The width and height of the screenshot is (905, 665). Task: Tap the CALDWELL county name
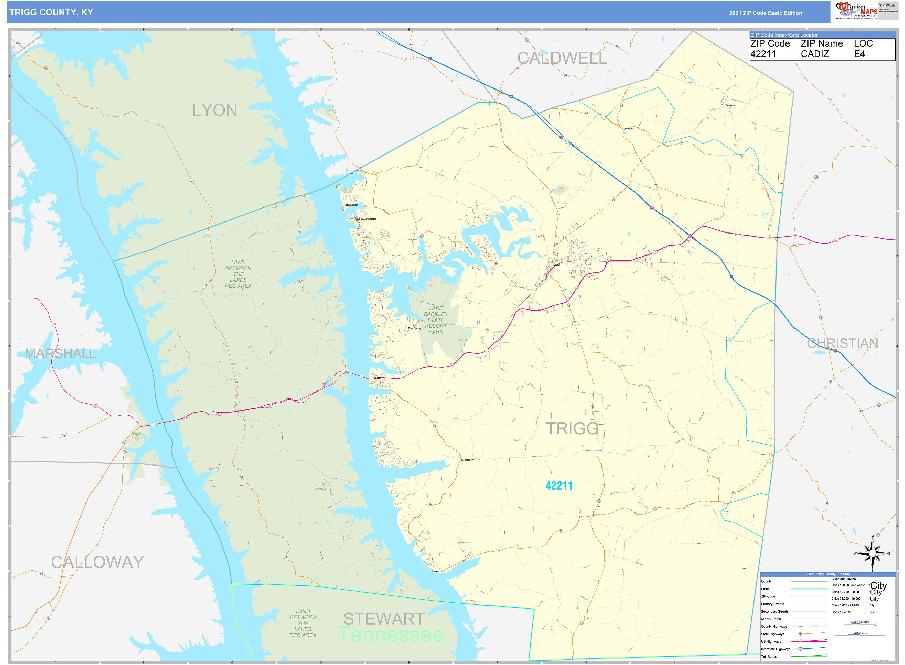pos(562,58)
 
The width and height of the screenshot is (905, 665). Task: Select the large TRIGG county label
pos(572,428)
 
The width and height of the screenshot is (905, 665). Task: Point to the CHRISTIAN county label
pos(842,343)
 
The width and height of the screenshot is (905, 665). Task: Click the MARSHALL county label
pos(60,353)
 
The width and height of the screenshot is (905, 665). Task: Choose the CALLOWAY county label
pos(98,562)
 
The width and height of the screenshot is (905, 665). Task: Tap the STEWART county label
pos(384,619)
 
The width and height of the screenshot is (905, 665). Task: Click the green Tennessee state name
pos(390,635)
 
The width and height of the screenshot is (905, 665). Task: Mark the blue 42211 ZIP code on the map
pos(559,485)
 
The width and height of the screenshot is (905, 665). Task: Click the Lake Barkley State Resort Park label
pos(436,320)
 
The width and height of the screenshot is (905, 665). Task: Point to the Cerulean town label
pos(730,105)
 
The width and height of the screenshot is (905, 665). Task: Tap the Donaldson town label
pos(467,460)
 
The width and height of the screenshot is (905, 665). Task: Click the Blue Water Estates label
pos(366,219)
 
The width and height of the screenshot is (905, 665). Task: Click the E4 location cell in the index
pos(859,54)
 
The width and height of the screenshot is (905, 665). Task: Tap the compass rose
pos(872,553)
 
